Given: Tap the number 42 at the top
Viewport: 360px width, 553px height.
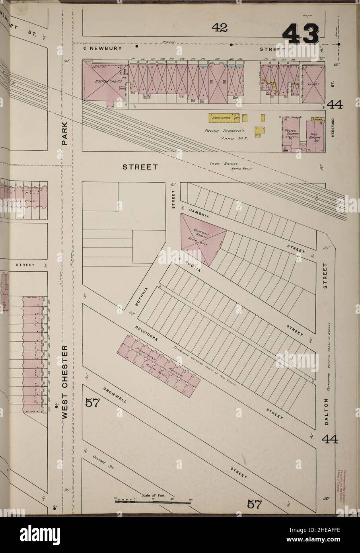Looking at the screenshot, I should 219,27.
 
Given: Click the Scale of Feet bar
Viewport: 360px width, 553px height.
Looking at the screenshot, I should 153,502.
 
